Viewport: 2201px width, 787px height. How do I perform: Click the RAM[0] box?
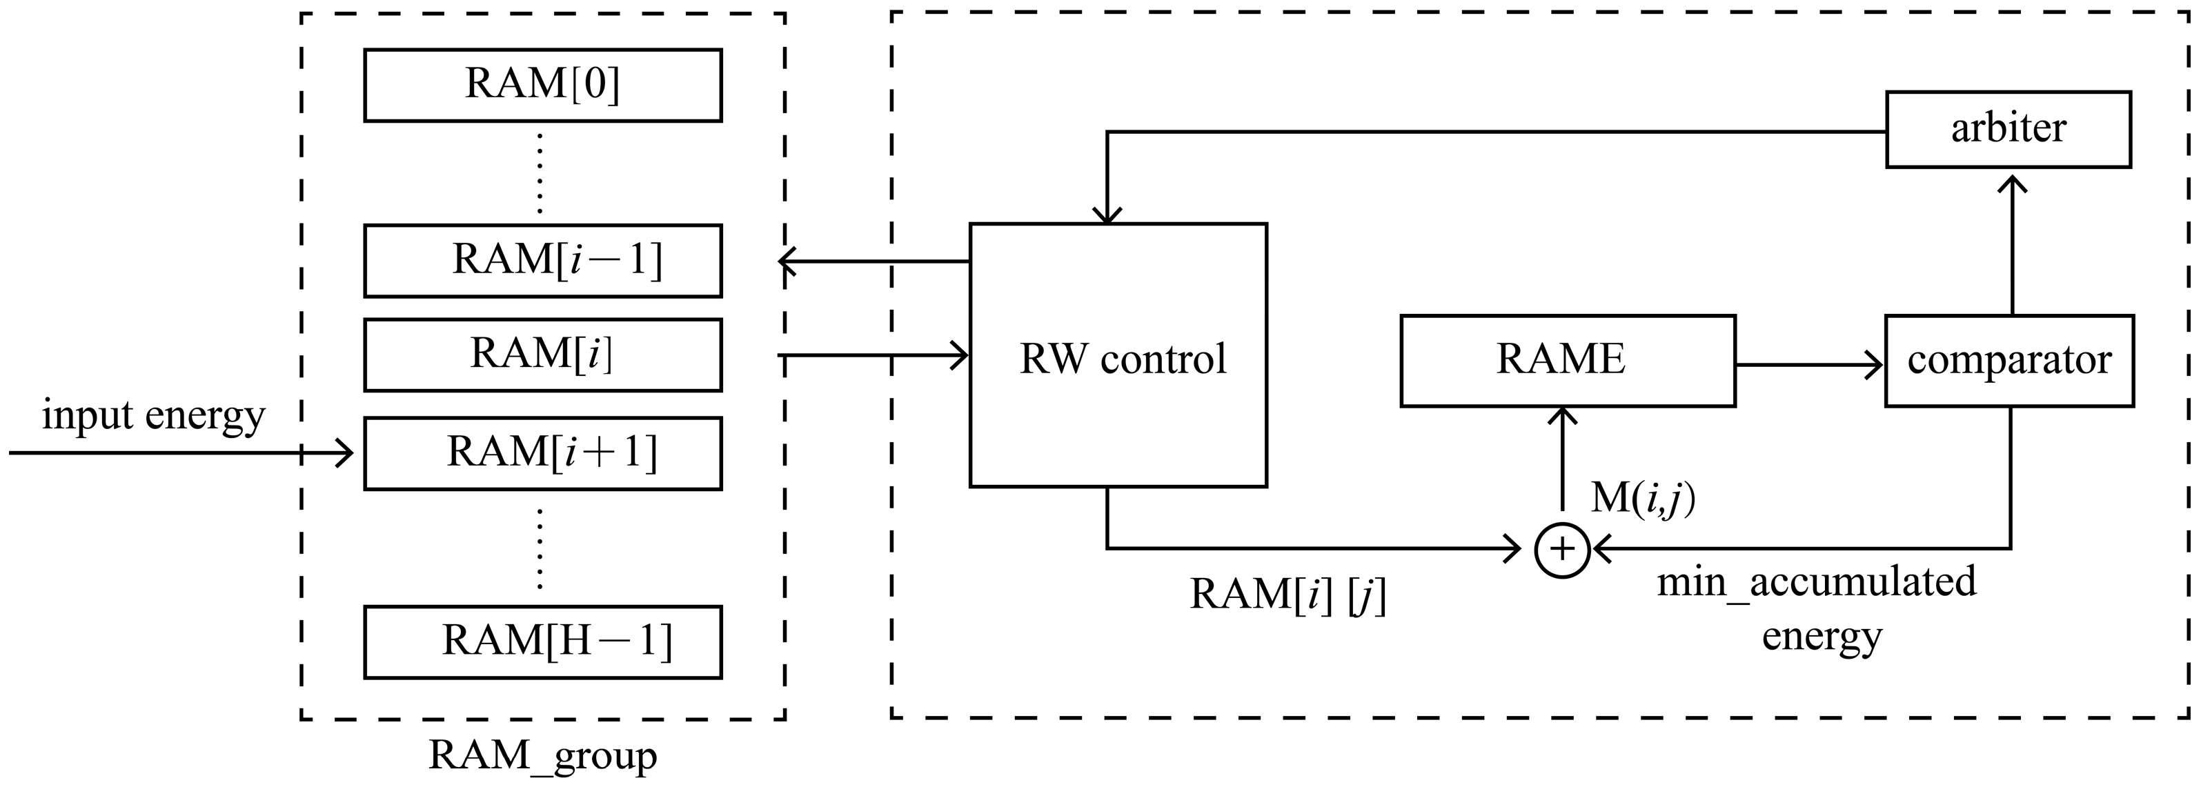coord(542,86)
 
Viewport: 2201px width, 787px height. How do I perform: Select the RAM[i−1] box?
coord(542,261)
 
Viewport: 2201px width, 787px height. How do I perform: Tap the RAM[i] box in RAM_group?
coord(542,355)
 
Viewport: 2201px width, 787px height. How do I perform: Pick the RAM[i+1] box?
coord(542,453)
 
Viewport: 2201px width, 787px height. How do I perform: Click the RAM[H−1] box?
coord(542,641)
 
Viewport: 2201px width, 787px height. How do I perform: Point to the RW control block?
coord(1118,355)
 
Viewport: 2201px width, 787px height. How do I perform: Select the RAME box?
coord(1567,361)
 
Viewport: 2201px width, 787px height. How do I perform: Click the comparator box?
coord(2008,361)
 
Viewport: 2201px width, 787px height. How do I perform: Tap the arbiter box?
coord(2008,129)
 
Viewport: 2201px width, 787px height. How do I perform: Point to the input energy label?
coord(154,416)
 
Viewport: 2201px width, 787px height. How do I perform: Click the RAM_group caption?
coord(542,755)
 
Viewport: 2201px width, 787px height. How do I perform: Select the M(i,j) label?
coord(1642,498)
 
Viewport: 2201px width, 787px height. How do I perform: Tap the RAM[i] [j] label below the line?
coord(1287,595)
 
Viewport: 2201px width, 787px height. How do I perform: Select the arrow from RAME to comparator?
coord(1810,366)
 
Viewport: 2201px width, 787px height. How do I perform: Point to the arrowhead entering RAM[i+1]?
coord(344,453)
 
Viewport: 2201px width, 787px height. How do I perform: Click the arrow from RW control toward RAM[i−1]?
coord(871,261)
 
